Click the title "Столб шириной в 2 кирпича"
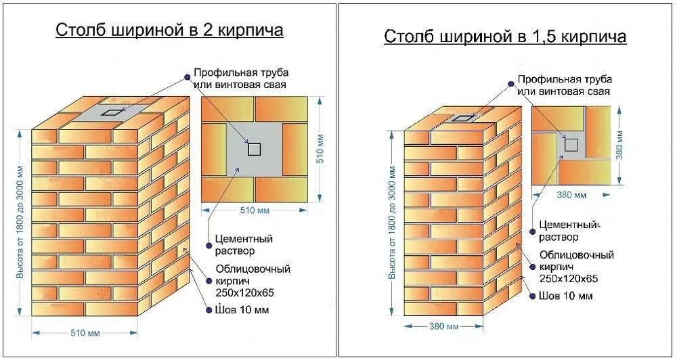point(169,30)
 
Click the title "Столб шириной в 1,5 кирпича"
point(505,36)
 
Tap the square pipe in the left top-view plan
point(254,149)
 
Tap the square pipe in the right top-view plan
point(571,143)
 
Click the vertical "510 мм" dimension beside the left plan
point(320,149)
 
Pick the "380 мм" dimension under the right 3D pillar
point(444,326)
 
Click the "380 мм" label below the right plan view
point(571,196)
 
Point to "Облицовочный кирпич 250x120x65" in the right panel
point(576,267)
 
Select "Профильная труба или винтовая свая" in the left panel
point(240,78)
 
